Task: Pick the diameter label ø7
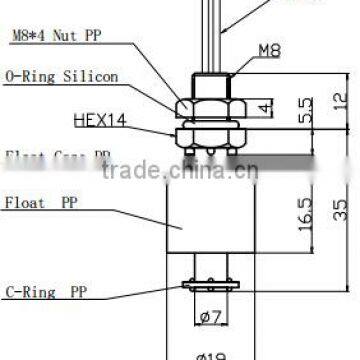(x=209, y=318)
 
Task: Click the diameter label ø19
(x=209, y=353)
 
